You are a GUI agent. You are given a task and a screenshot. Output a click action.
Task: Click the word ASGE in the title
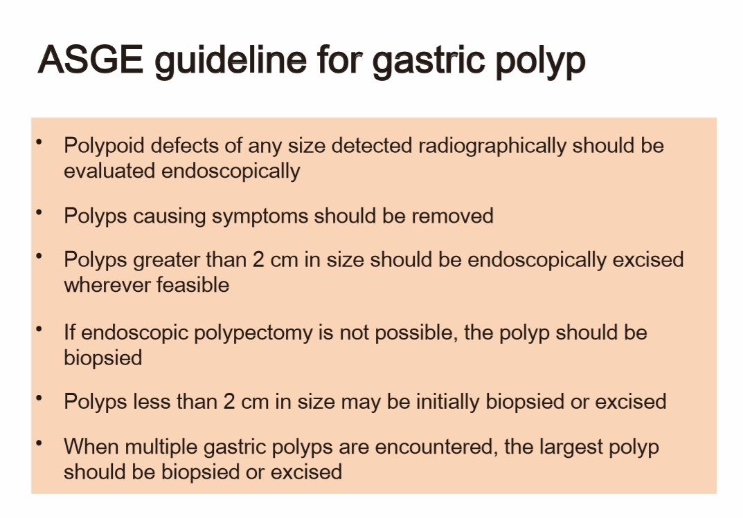click(91, 59)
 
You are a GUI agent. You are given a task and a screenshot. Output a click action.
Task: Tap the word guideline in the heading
click(231, 62)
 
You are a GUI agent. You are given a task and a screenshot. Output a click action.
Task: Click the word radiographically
click(492, 146)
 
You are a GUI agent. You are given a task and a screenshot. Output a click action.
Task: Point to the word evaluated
click(109, 171)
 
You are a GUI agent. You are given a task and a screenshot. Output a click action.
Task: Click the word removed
click(453, 216)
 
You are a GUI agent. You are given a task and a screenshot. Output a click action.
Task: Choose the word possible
click(416, 333)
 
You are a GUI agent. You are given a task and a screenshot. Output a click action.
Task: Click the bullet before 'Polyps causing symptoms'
click(39, 212)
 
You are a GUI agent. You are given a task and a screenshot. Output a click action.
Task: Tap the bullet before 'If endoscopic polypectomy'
click(39, 329)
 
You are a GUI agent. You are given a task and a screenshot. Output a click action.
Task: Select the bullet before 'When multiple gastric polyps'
click(39, 443)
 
